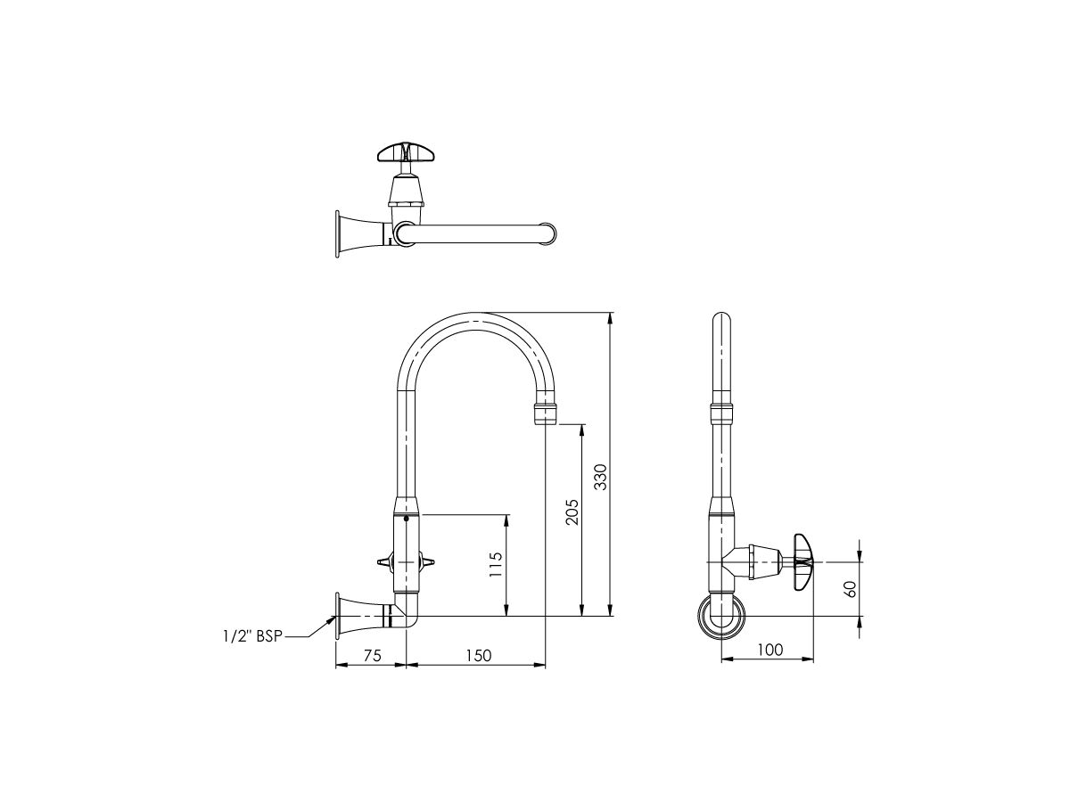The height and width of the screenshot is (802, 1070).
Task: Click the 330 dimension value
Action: [600, 478]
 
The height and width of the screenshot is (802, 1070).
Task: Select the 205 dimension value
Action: [572, 511]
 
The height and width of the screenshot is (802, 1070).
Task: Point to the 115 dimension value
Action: [497, 566]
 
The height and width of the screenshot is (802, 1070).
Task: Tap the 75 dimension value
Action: [371, 655]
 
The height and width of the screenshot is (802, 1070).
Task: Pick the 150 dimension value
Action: [477, 655]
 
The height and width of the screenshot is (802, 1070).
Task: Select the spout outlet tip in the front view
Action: [546, 414]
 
